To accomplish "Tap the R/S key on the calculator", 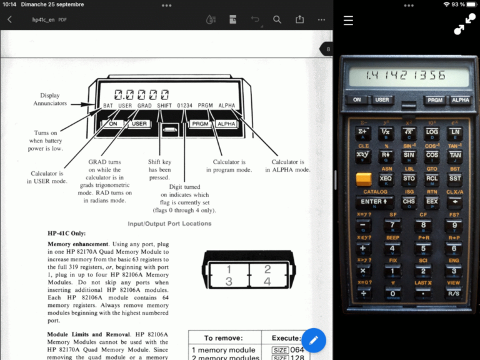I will pyautogui.click(x=454, y=293).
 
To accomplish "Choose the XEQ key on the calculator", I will pyautogui.click(x=386, y=179).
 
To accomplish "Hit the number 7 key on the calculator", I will pyautogui.click(x=392, y=226).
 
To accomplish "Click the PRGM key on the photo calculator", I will pyautogui.click(x=434, y=100).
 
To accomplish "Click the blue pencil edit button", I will pyautogui.click(x=314, y=340).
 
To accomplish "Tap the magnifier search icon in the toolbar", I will pyautogui.click(x=277, y=20).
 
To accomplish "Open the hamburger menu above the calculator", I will pyautogui.click(x=348, y=21).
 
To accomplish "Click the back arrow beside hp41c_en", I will pyautogui.click(x=9, y=20).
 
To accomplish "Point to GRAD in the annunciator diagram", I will pyautogui.click(x=144, y=106).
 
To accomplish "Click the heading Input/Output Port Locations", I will pyautogui.click(x=169, y=224).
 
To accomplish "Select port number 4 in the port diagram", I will pyautogui.click(x=267, y=282).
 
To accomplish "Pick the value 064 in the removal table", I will pyautogui.click(x=296, y=350).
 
